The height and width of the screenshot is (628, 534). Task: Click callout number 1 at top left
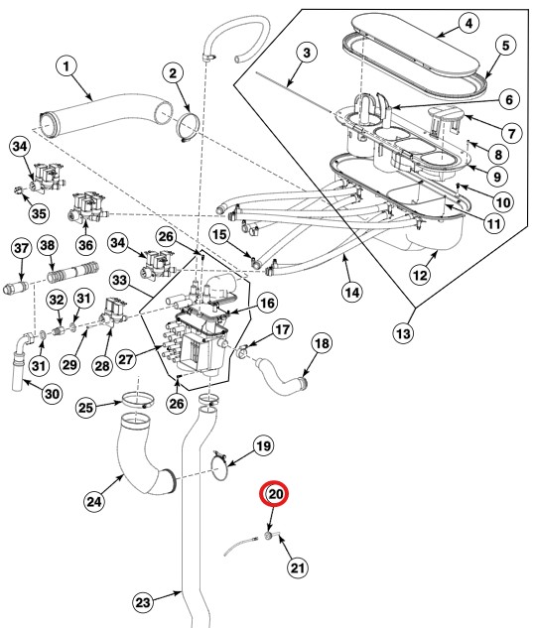[67, 67]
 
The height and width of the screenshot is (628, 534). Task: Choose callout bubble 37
[20, 247]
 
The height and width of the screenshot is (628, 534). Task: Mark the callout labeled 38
[48, 247]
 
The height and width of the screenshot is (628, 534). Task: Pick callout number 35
[39, 211]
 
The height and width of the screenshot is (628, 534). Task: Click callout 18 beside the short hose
[321, 344]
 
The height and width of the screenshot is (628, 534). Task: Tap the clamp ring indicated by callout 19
[224, 467]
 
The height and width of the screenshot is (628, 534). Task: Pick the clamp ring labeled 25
[136, 402]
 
